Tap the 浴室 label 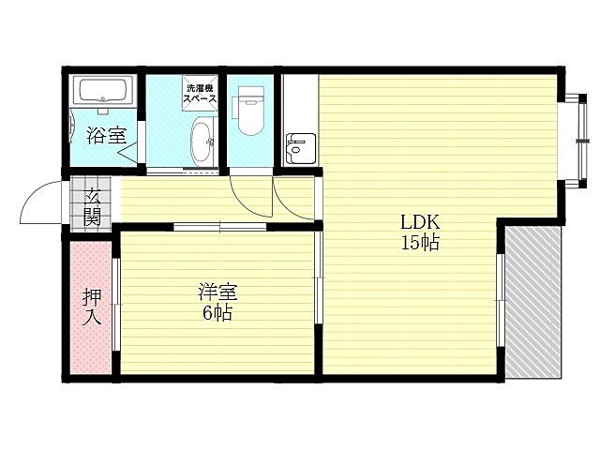click(106, 135)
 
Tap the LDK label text click(420, 223)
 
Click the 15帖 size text click(420, 243)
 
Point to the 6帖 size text click(217, 312)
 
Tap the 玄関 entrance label click(92, 206)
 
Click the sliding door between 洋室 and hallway click(221, 226)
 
